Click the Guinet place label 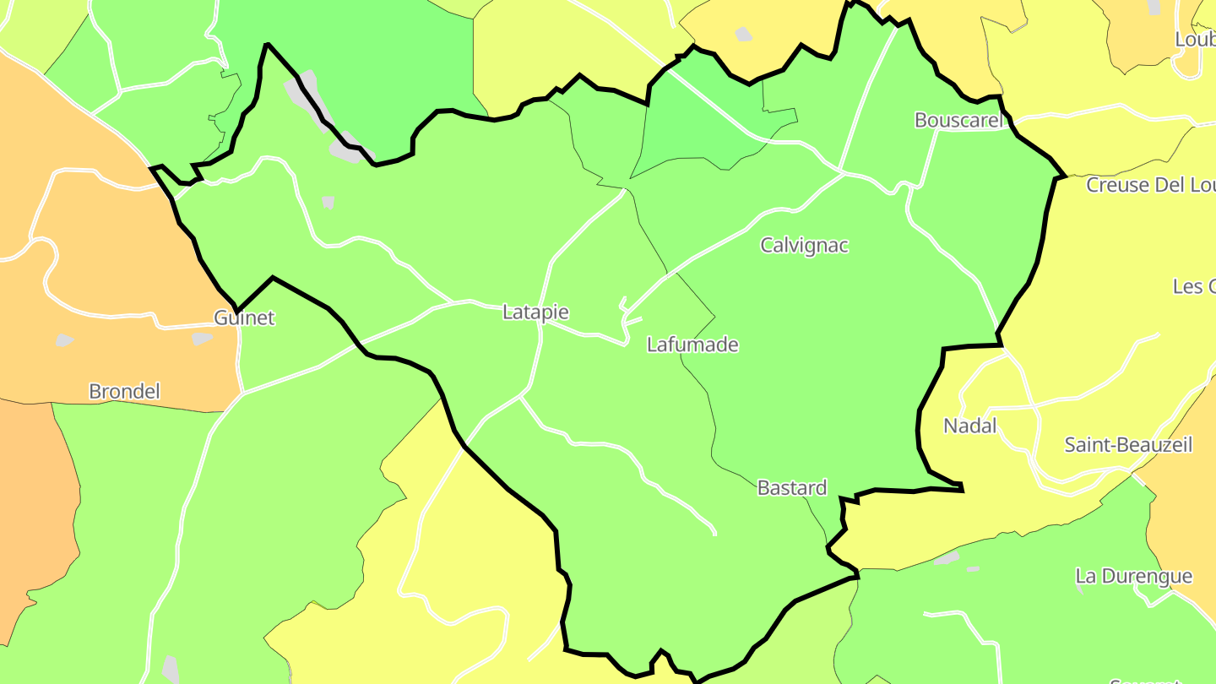tap(244, 318)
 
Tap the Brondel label tap(124, 392)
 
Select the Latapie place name tap(535, 312)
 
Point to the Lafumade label tap(692, 345)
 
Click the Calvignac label tap(804, 246)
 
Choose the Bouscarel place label tap(959, 121)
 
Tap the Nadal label tap(970, 426)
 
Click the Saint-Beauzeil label tap(1128, 445)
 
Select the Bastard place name tap(791, 488)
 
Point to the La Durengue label tap(1133, 577)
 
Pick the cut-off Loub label tap(1195, 40)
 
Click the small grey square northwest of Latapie tap(328, 203)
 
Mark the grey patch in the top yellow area tap(743, 35)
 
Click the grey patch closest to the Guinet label tap(201, 339)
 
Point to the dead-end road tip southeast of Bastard tap(715, 534)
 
